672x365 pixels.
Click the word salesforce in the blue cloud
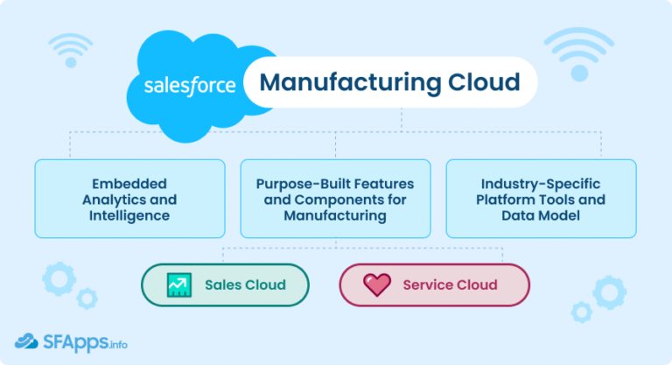click(x=190, y=86)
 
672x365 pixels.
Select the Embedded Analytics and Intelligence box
click(x=130, y=199)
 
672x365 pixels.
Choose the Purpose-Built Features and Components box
click(x=335, y=199)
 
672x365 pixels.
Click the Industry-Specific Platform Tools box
click(x=542, y=199)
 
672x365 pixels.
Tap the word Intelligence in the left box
click(x=130, y=214)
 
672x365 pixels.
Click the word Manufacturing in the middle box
click(x=335, y=214)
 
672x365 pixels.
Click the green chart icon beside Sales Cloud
click(x=179, y=285)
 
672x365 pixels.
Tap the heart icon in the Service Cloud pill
click(x=377, y=285)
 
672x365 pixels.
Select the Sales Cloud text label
click(x=245, y=285)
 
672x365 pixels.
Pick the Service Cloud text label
click(x=450, y=285)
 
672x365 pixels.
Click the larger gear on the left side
click(x=59, y=279)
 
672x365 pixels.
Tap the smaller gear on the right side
click(x=581, y=312)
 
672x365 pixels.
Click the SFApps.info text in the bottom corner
click(x=85, y=342)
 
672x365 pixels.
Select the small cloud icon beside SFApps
click(x=26, y=341)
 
